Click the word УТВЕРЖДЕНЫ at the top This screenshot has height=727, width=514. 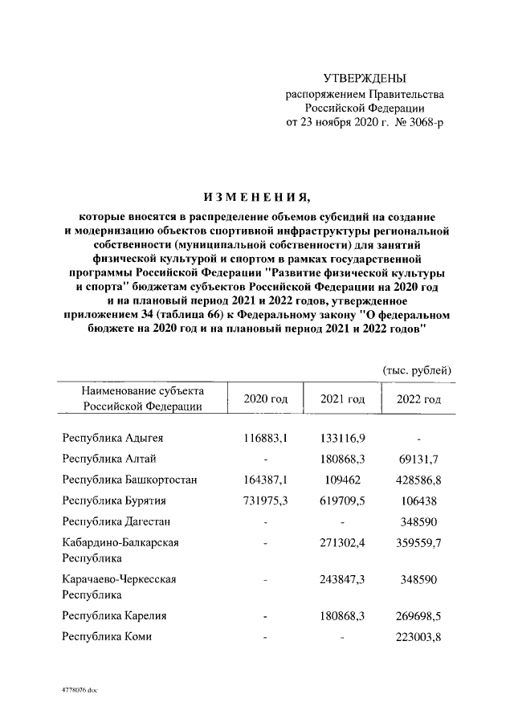coord(365,78)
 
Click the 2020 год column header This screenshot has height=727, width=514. coord(265,399)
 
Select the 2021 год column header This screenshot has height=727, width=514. coord(342,399)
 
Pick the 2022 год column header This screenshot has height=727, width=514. coord(418,399)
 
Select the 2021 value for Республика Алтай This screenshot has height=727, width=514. coord(342,459)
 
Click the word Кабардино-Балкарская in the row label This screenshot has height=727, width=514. coord(120,542)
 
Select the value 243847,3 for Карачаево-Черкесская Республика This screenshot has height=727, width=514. coord(342,579)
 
